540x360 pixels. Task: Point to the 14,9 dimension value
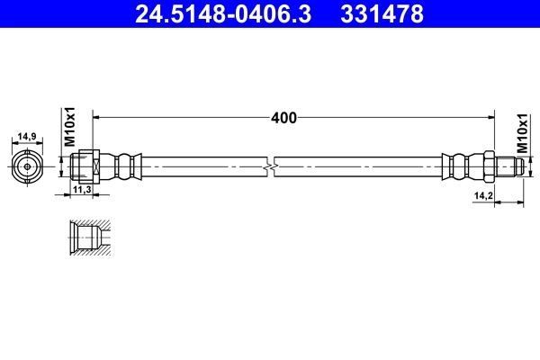click(x=27, y=137)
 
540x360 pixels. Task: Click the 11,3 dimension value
click(x=82, y=190)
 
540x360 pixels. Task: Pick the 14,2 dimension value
click(x=482, y=194)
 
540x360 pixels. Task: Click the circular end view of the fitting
click(x=27, y=166)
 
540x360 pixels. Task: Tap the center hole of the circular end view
click(x=27, y=166)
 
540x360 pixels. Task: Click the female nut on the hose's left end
click(x=84, y=166)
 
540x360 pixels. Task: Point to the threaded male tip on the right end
click(x=508, y=166)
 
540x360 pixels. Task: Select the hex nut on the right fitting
click(x=489, y=166)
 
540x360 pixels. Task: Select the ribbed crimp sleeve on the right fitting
click(x=459, y=166)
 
